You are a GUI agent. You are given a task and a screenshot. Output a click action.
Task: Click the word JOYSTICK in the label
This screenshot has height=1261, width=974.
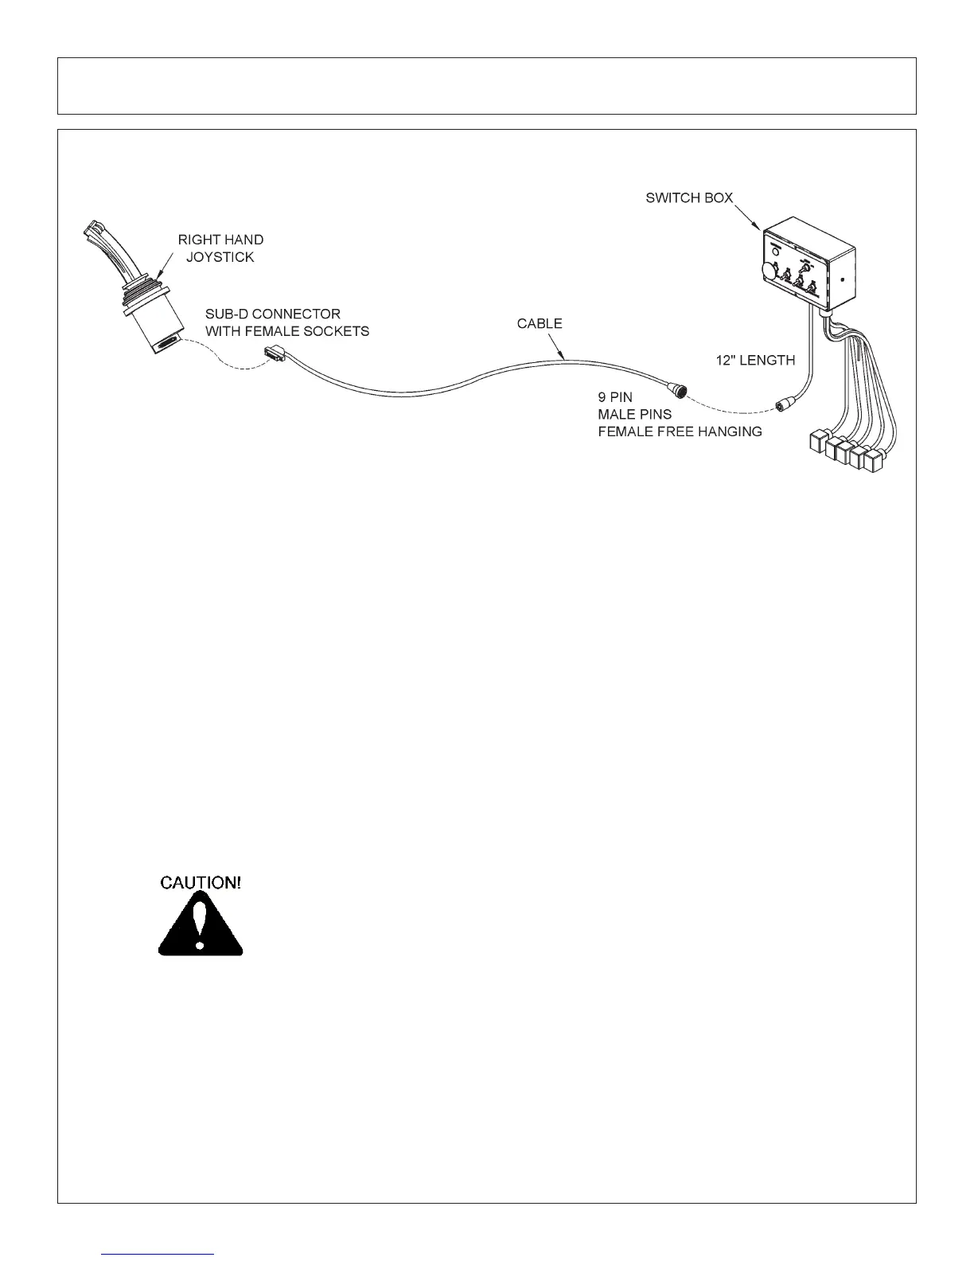(220, 257)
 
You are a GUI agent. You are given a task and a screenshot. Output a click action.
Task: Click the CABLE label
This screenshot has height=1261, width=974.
(540, 323)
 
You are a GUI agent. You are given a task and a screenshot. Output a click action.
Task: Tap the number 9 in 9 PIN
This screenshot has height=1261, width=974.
(602, 396)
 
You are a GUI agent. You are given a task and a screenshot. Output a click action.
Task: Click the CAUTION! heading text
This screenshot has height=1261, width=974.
(201, 882)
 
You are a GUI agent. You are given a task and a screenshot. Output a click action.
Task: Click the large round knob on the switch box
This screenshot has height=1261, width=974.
(769, 270)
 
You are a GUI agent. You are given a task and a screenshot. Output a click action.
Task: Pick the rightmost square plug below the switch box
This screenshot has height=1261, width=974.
(874, 462)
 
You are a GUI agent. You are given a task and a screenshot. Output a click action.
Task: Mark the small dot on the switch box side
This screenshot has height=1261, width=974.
(842, 279)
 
